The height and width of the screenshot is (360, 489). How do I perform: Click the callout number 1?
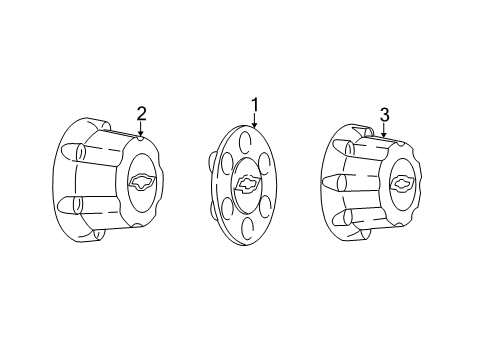254,103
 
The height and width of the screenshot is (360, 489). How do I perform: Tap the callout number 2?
141,112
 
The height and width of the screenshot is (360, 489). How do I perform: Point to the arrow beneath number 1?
254,123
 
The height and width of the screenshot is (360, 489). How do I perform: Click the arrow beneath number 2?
141,131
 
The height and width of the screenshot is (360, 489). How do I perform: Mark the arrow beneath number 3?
383,132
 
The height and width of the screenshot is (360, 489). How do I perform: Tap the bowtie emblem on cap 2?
141,181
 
